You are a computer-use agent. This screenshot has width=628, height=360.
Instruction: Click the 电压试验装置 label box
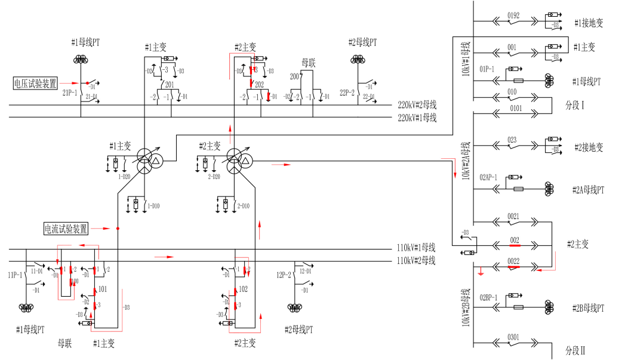pos(35,83)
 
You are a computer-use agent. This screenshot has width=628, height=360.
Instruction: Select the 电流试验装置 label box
pos(66,228)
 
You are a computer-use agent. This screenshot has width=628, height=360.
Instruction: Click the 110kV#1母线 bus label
pos(416,248)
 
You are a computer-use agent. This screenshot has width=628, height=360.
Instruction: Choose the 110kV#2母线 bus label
pos(416,260)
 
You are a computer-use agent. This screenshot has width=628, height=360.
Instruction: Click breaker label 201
pos(170,85)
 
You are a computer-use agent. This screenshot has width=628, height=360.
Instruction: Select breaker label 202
pos(259,85)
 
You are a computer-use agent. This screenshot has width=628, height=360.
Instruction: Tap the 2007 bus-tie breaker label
pos(295,77)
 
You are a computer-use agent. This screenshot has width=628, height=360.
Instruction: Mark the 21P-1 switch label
pos(70,93)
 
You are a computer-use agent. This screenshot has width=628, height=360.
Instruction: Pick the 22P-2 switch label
pos(347,93)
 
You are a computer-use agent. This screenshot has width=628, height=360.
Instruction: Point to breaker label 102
pos(243,289)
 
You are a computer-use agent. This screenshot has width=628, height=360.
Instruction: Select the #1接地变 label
pos(589,23)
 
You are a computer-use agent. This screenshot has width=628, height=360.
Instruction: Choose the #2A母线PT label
pos(588,190)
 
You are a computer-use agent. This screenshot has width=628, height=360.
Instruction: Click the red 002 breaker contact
pos(515,245)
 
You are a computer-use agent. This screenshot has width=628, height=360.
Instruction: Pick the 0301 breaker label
pos(513,337)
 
